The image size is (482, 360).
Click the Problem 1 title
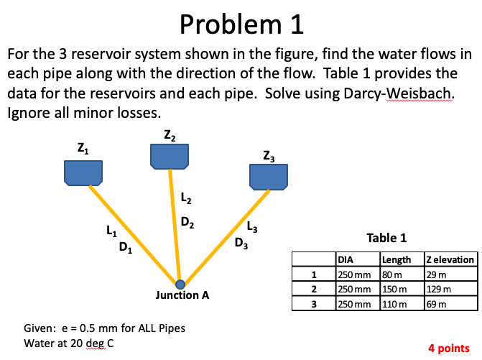[x=242, y=25]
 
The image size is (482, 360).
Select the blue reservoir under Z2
[x=169, y=155]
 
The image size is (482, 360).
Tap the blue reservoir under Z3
[x=268, y=175]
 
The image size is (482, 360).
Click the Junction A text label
[x=182, y=295]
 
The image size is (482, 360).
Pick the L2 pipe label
[x=185, y=198]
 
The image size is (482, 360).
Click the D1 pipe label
[x=126, y=249]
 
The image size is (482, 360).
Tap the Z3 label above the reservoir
[x=269, y=154]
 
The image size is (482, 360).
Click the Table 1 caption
[x=386, y=238]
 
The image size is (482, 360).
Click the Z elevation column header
[x=450, y=259]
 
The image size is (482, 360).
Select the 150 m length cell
[x=394, y=288]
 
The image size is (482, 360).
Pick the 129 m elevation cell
[x=439, y=288]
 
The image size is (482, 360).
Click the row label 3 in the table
[x=314, y=303]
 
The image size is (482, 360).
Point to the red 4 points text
[x=448, y=348]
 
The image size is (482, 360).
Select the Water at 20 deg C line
[x=69, y=343]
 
